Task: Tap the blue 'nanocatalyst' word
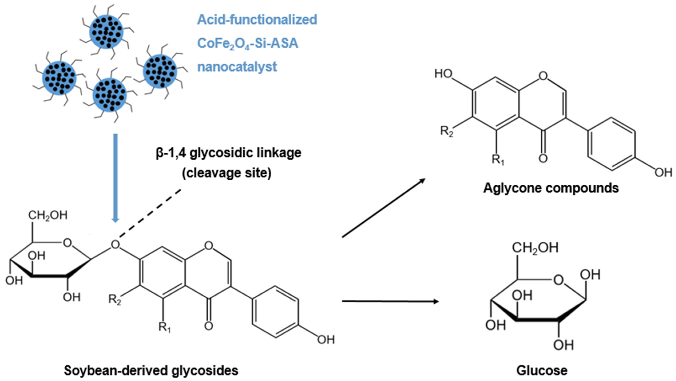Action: click(x=237, y=66)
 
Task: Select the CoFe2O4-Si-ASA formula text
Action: click(x=247, y=43)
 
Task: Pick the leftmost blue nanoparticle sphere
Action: click(x=59, y=78)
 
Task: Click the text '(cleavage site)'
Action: click(x=227, y=173)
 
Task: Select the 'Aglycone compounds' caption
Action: click(x=551, y=188)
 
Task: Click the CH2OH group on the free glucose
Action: click(x=535, y=248)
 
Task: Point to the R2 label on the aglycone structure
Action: click(x=447, y=131)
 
